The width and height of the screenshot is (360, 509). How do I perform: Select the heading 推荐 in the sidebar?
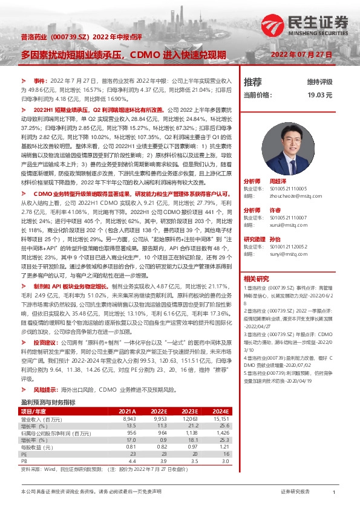point(252,82)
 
